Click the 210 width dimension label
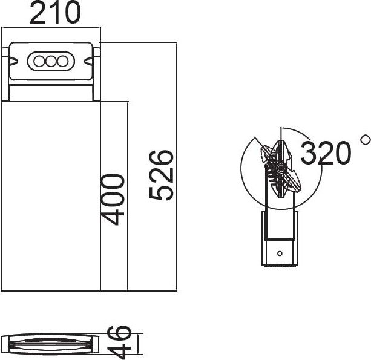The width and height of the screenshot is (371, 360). pos(55,12)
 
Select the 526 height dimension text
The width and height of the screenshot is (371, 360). pos(161,175)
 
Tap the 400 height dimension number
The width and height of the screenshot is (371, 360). pos(112,200)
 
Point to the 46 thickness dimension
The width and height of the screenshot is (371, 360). pos(119,342)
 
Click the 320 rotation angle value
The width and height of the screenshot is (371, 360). pos(326,152)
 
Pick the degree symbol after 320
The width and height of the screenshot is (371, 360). pos(366,139)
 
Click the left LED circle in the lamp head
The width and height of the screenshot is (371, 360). pos(39,62)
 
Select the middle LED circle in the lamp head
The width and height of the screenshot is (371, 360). pos(51,62)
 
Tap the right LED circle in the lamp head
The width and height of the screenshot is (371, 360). pos(62,62)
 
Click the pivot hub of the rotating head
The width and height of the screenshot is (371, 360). pos(281,168)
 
